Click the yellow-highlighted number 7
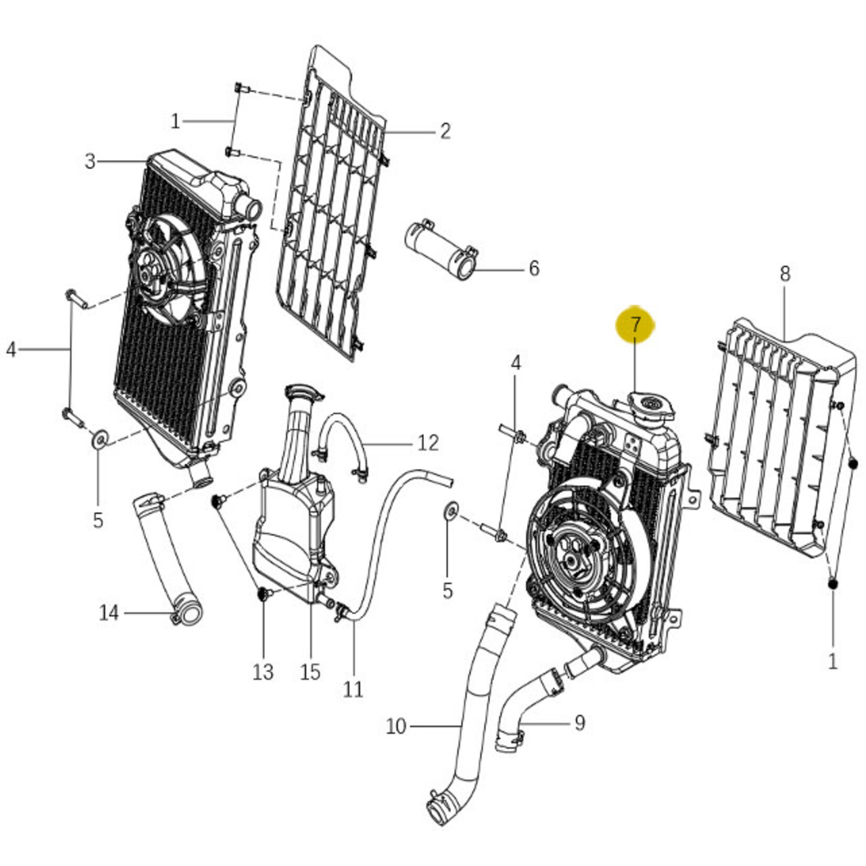coord(635,325)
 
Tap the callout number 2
coord(445,131)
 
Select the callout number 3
coord(90,161)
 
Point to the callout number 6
coord(534,269)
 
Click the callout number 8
coord(785,274)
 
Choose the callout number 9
coord(579,723)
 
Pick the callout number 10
coord(396,727)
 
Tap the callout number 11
coord(353,689)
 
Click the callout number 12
coord(428,443)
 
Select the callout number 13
coord(263,672)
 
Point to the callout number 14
coord(109,613)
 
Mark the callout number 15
coord(310,672)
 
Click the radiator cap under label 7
coord(652,406)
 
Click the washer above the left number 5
coord(99,439)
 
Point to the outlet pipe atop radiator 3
coord(248,208)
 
